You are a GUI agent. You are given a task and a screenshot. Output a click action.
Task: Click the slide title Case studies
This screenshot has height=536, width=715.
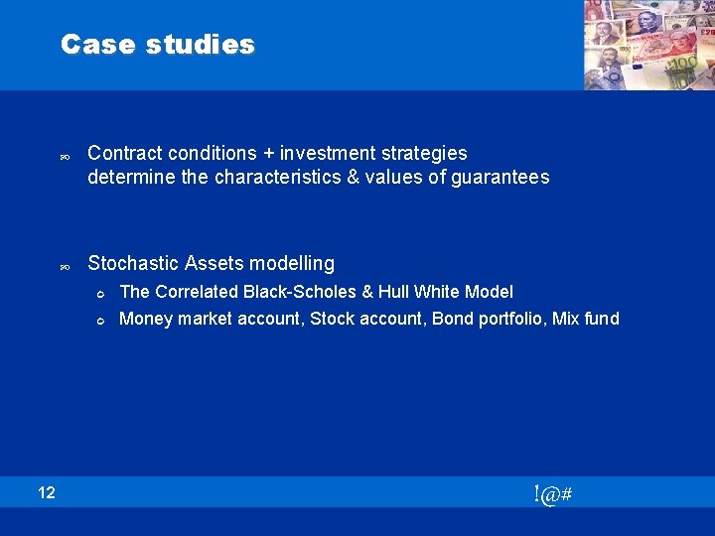tap(157, 45)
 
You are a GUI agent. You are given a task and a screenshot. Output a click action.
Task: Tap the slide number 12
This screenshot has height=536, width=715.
tap(48, 492)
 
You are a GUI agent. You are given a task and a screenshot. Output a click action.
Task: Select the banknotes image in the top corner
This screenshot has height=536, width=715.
tap(648, 46)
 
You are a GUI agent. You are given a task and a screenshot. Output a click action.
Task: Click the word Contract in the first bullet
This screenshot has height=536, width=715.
tap(125, 153)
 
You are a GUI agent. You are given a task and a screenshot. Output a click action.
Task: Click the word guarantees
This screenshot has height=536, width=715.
tap(501, 178)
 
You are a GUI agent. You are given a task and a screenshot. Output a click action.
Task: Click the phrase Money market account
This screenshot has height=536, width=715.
tap(210, 319)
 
